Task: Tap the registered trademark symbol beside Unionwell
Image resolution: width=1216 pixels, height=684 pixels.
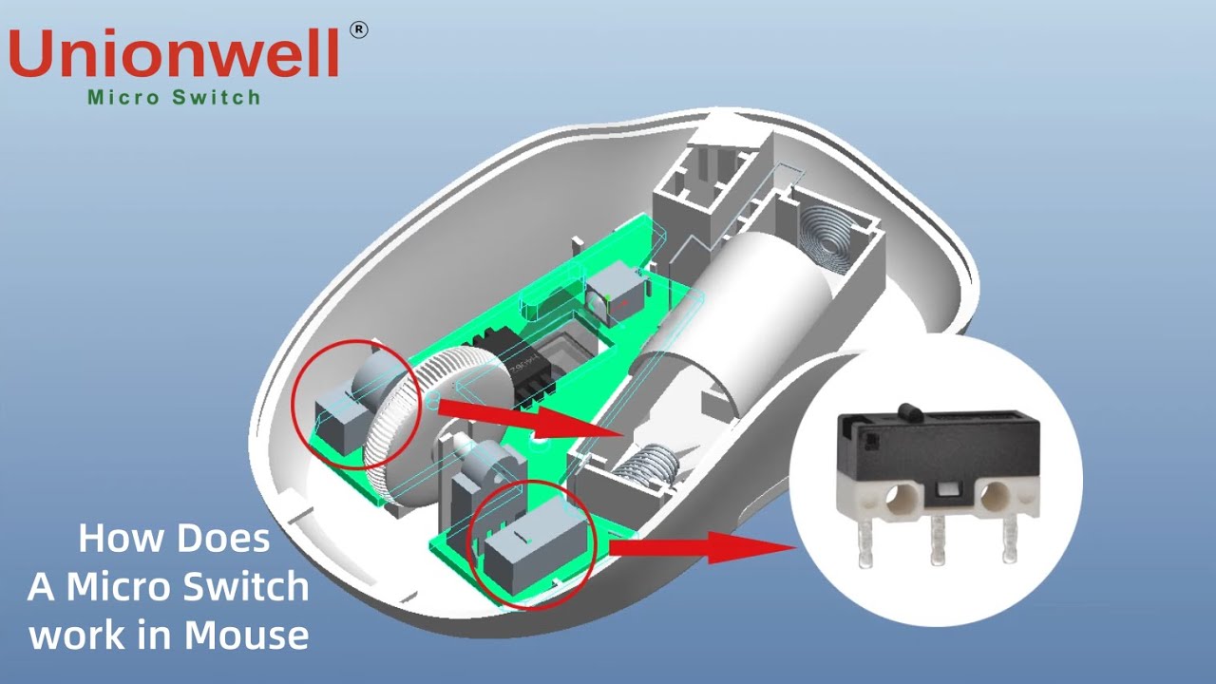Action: (359, 29)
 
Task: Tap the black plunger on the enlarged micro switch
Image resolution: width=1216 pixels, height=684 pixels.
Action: (909, 411)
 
